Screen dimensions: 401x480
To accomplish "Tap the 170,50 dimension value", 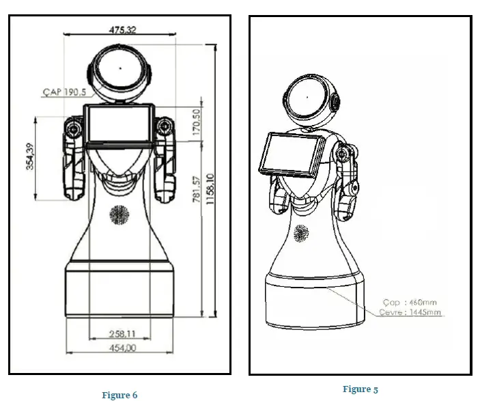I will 196,123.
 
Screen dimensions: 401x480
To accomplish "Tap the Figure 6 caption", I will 119,395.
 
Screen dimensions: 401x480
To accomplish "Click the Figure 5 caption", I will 360,389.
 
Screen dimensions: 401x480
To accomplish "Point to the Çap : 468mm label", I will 409,302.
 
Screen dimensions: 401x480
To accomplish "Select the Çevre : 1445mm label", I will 410,312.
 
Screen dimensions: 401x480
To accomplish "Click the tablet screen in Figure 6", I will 119,124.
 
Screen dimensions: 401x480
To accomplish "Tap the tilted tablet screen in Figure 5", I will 287,154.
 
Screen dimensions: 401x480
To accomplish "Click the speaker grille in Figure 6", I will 119,215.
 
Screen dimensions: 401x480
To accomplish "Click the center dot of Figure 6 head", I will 120,68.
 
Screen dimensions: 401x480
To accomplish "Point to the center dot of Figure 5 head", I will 307,98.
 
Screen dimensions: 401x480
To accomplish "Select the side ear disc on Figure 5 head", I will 335,104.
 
